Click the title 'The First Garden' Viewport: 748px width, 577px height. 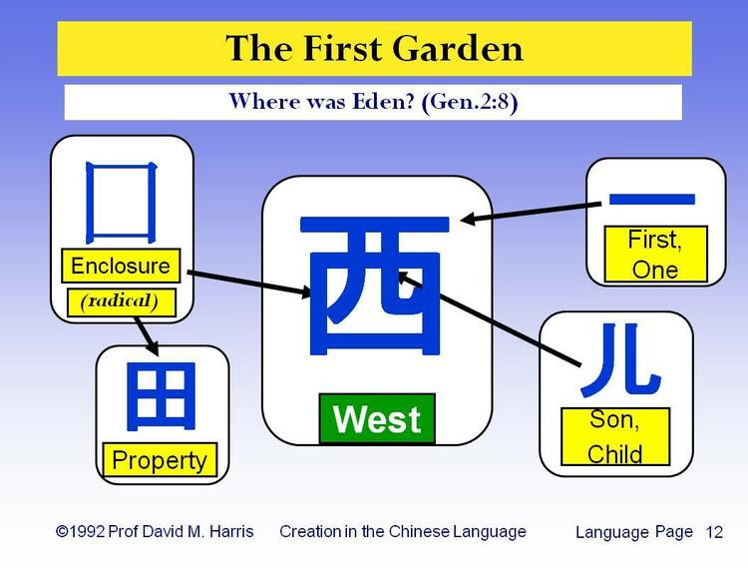pyautogui.click(x=374, y=48)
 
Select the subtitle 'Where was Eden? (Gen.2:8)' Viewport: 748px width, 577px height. pyautogui.click(x=373, y=102)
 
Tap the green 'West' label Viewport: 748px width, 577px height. pyautogui.click(x=377, y=419)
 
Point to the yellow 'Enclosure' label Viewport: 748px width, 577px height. pyautogui.click(x=121, y=267)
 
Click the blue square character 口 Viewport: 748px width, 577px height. pyautogui.click(x=122, y=204)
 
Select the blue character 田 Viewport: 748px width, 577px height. pyautogui.click(x=162, y=395)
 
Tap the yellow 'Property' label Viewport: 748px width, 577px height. pyautogui.click(x=160, y=460)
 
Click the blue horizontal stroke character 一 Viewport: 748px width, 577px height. pyautogui.click(x=654, y=201)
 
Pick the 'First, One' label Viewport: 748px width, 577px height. pyautogui.click(x=655, y=254)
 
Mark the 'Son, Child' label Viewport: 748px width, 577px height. pyautogui.click(x=614, y=437)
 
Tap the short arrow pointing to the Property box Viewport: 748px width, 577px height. pyautogui.click(x=146, y=334)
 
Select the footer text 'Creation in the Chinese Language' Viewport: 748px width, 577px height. pyautogui.click(x=402, y=531)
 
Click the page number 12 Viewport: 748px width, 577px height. pyautogui.click(x=714, y=532)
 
